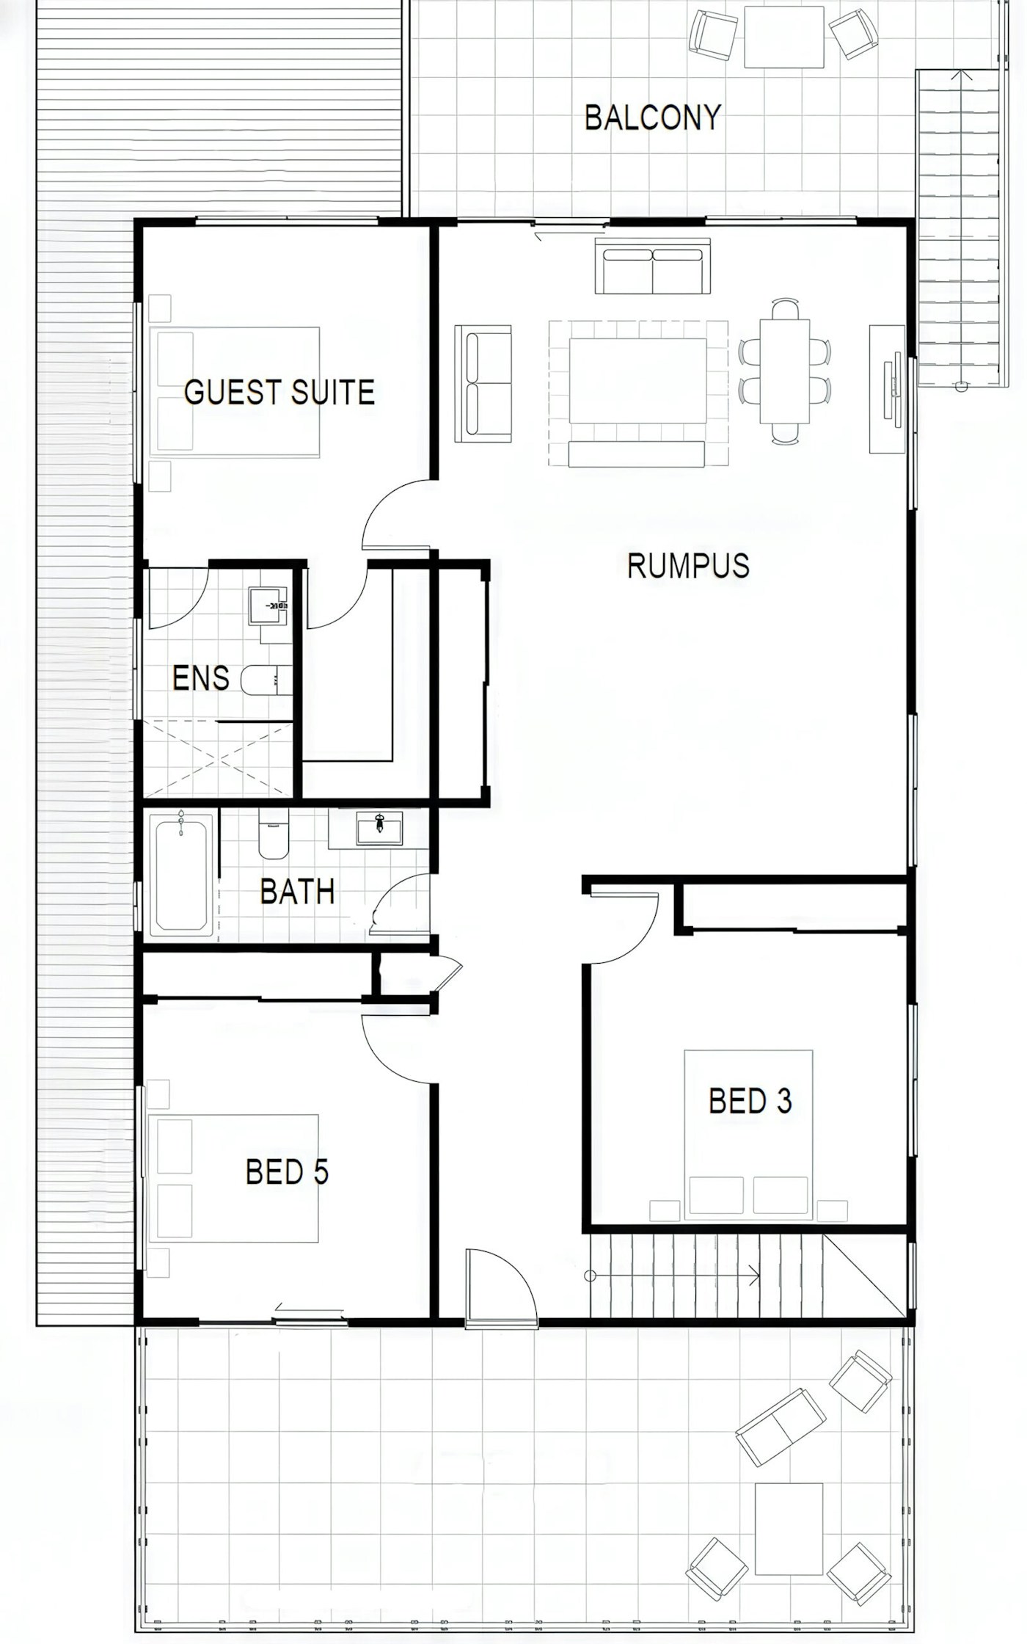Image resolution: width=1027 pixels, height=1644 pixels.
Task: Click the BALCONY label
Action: tap(653, 117)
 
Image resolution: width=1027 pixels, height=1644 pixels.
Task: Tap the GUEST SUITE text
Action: tap(279, 393)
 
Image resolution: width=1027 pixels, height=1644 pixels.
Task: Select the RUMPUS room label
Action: tap(688, 566)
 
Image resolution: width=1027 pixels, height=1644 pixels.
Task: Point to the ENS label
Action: tap(200, 677)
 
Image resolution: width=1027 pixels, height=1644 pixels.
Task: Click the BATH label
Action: tap(297, 892)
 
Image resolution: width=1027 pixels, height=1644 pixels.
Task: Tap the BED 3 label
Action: tap(750, 1101)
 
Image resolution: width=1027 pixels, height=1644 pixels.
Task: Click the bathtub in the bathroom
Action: tap(181, 875)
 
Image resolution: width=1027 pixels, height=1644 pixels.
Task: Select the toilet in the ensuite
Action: tap(266, 680)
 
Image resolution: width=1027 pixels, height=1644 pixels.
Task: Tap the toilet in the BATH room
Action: tap(274, 834)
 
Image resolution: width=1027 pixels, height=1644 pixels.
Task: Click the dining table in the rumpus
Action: tap(785, 371)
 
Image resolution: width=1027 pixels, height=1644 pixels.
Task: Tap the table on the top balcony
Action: tap(783, 37)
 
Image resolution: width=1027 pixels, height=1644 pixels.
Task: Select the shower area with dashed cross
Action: tap(218, 760)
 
